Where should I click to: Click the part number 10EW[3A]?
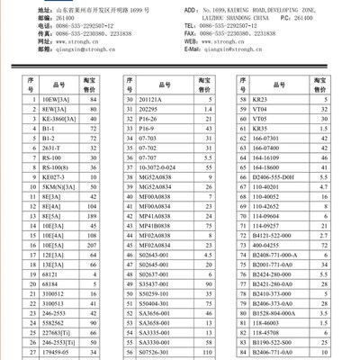pyautogui.click(x=58, y=99)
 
